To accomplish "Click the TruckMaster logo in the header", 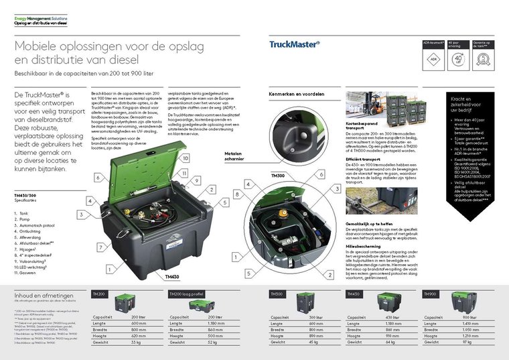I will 295,45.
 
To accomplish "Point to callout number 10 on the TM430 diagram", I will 186,158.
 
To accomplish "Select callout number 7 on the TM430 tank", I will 102,247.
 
